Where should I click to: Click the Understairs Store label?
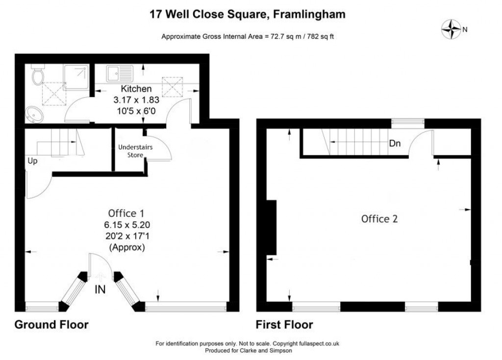click(130, 151)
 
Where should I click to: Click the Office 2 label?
click(379, 219)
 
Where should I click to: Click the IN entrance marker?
click(100, 290)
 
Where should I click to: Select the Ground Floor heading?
click(51, 325)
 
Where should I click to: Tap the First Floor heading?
click(284, 325)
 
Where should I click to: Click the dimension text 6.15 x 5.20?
click(126, 225)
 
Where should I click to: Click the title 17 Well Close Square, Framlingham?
click(248, 14)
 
